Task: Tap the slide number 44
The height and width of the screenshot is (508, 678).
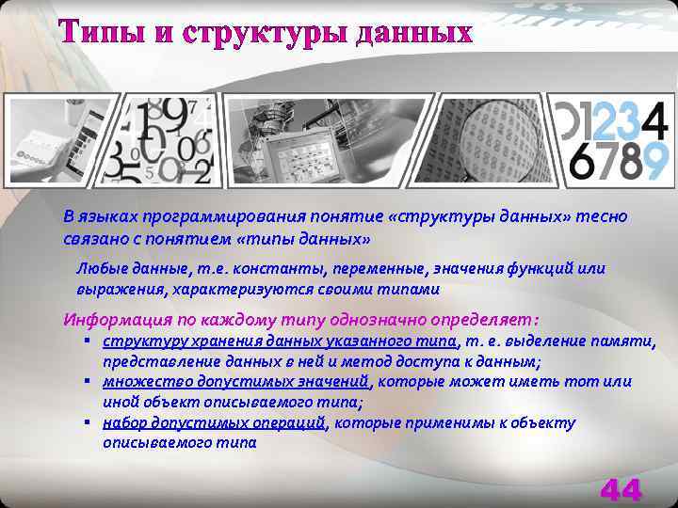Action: pos(621,490)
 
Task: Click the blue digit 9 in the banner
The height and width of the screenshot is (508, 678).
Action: pos(654,161)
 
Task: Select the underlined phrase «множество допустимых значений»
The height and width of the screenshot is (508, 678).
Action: pos(236,382)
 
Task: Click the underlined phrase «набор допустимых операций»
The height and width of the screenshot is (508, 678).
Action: pos(214,423)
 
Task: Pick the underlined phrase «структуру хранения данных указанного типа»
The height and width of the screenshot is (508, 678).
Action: pos(280,341)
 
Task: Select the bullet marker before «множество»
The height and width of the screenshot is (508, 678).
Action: pos(86,382)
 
